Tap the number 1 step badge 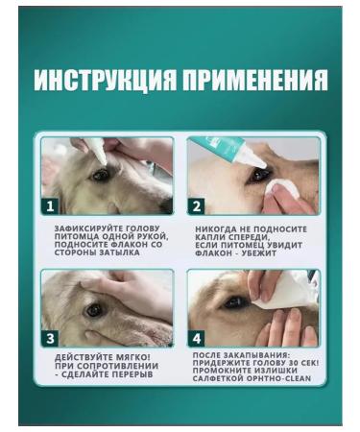[52, 204]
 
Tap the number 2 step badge [197, 204]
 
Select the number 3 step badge [52, 337]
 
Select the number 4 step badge [197, 337]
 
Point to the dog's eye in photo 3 [93, 310]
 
